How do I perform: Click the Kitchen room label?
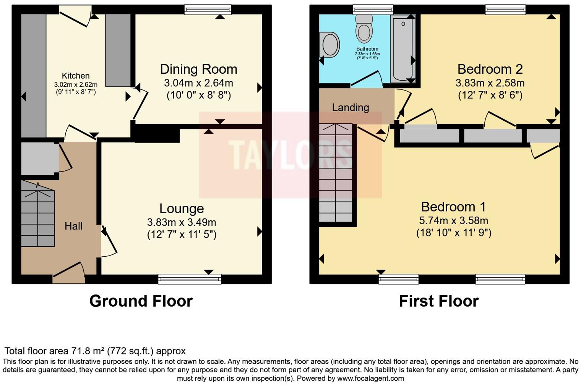(76, 76)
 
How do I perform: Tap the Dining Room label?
(198, 69)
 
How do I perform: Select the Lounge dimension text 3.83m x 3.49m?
(182, 222)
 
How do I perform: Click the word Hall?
(73, 226)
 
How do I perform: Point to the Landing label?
(350, 108)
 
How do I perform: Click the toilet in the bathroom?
(364, 29)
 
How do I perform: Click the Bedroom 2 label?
(490, 69)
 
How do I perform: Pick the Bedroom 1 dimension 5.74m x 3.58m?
(453, 220)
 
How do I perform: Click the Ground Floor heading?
(141, 301)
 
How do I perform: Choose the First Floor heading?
(438, 301)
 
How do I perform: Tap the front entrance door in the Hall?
(69, 273)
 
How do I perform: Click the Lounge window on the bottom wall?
(190, 279)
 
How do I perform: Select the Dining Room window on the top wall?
(208, 10)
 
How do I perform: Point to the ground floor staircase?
(37, 214)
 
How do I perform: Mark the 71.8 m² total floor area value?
(88, 351)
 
